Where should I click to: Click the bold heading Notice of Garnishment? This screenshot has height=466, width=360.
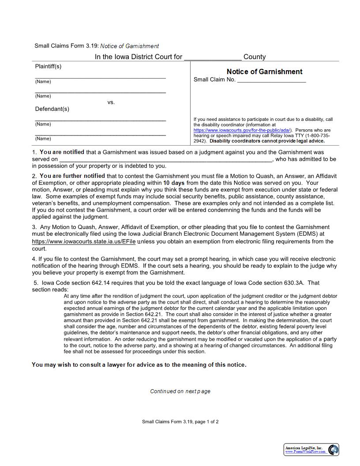264,71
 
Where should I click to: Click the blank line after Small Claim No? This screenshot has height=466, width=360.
271,80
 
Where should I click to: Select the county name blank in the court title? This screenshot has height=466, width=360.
213,57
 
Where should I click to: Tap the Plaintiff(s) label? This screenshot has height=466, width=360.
48,66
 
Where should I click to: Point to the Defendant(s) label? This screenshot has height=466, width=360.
52,109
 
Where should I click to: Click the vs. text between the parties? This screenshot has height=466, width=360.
111,102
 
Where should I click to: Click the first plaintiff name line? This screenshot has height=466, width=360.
100,77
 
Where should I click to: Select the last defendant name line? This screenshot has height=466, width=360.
100,134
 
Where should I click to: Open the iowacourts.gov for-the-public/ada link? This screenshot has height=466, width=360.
242,130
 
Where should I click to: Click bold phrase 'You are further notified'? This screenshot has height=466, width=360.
72,176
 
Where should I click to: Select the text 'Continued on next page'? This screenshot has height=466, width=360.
180,391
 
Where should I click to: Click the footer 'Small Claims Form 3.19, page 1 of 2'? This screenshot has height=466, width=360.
180,421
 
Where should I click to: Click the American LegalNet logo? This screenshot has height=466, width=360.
311,449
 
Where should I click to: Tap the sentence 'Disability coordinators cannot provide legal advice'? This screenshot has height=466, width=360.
267,141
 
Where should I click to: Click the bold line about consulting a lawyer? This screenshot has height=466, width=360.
139,365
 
